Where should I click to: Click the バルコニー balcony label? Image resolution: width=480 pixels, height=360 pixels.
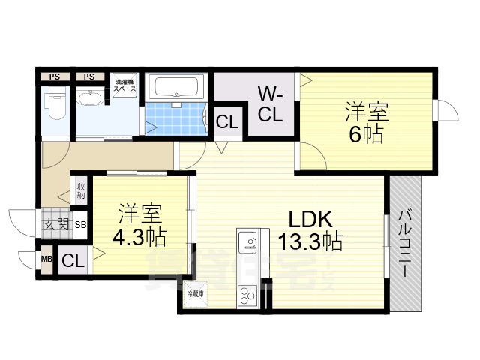404,244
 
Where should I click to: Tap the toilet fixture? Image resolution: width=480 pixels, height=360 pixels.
55,105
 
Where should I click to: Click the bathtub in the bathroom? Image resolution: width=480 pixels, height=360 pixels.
178,88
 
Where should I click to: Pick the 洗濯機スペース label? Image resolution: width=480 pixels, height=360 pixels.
124,85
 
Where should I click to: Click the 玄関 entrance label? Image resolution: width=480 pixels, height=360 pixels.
55,223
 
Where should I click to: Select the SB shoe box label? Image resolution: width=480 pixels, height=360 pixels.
80,223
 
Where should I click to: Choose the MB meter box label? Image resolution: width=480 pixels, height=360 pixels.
46,259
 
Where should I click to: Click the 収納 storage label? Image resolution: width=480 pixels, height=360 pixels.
80,190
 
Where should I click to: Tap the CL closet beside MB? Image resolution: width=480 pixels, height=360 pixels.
73,260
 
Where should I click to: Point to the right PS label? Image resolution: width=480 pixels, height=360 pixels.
89,76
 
